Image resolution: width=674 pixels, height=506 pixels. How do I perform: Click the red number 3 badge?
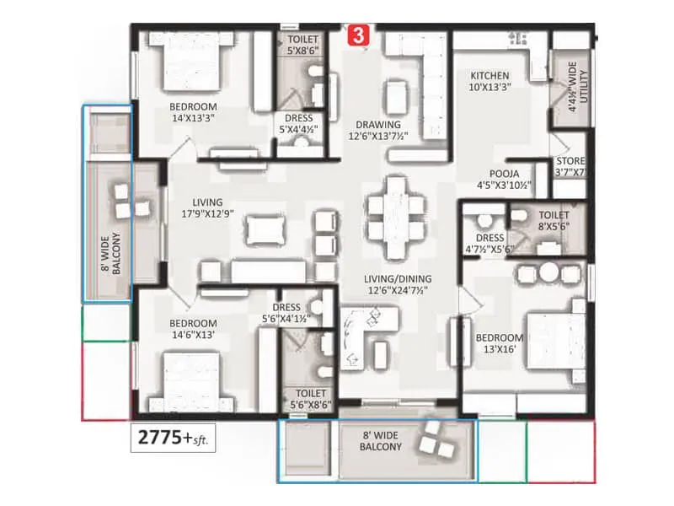(x=360, y=35)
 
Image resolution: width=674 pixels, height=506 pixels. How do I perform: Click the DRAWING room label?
(x=377, y=124)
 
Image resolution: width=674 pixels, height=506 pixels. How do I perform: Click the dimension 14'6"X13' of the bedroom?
(x=193, y=335)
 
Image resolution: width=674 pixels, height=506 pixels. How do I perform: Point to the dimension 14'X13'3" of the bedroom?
(x=193, y=119)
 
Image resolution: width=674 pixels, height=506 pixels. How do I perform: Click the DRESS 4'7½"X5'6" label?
(x=489, y=244)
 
